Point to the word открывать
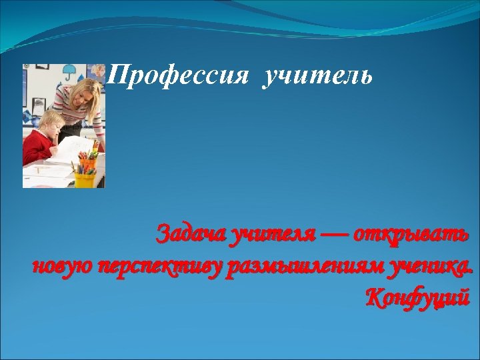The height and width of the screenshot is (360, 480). pyautogui.click(x=411, y=235)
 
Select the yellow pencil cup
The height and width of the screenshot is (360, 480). pyautogui.click(x=85, y=179)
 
